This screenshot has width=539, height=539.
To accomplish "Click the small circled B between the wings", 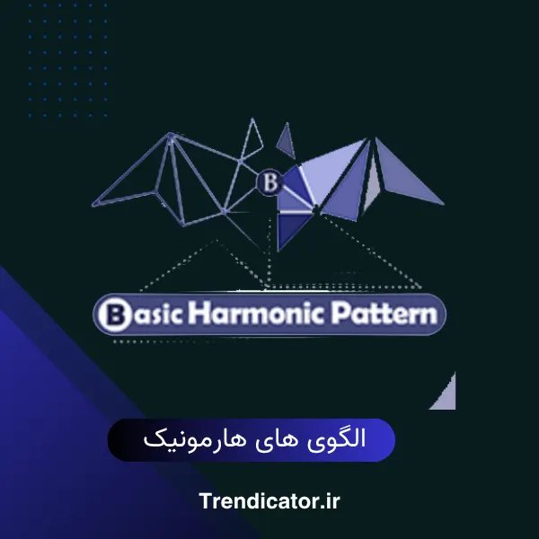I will [x=269, y=181].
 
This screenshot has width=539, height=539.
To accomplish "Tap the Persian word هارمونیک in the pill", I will [x=201, y=440].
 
